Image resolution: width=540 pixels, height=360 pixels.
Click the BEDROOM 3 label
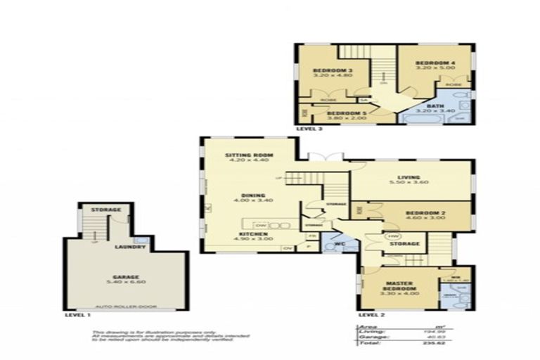[x=332, y=71]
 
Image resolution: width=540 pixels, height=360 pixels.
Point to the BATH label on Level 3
[x=435, y=106]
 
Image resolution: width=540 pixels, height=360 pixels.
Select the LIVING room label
[x=408, y=177]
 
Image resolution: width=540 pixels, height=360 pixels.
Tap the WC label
[x=338, y=244]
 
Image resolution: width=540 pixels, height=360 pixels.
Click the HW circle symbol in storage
[x=392, y=236]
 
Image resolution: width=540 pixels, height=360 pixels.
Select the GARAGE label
[x=126, y=277]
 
